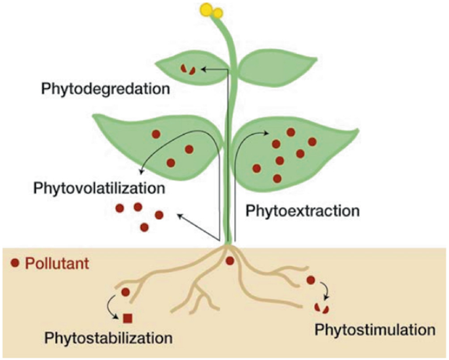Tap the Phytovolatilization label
98,188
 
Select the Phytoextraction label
303,211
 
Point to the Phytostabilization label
108,338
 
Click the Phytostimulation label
375,328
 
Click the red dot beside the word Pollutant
15,264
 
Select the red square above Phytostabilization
128,319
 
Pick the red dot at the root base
230,261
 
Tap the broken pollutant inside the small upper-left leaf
188,69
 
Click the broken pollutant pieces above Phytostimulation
321,307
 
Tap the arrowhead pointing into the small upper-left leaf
205,68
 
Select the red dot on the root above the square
126,292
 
